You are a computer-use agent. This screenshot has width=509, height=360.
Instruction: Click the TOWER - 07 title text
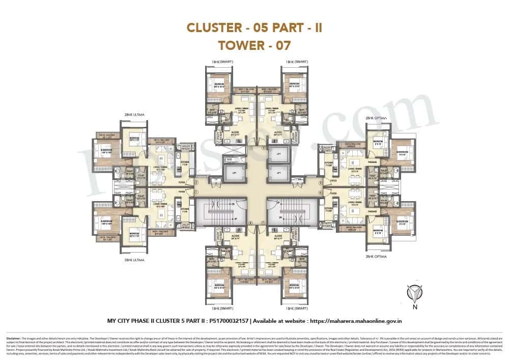coord(254,45)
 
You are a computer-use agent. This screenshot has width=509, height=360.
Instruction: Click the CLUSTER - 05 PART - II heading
coord(254,27)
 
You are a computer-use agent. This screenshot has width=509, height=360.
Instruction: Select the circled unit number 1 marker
coord(195,192)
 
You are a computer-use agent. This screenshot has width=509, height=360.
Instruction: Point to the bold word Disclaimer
coord(14,338)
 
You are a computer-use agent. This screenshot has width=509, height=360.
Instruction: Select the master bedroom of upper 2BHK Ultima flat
coord(105,151)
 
